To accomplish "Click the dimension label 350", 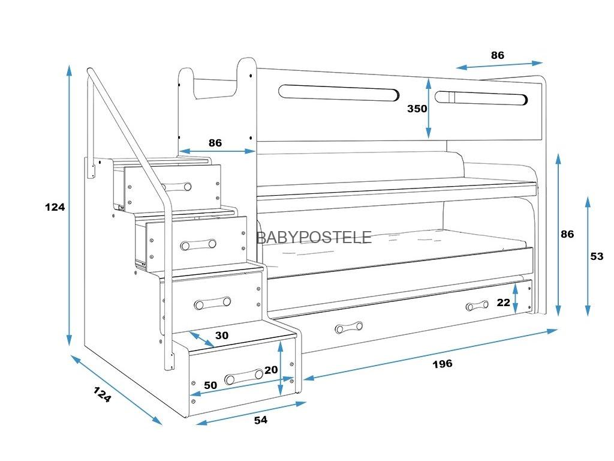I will click(417, 109).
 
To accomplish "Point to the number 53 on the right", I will click(597, 256).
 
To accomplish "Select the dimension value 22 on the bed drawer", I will click(503, 303).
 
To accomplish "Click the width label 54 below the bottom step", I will click(260, 420).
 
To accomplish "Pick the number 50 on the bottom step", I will click(210, 385).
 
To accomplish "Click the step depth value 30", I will click(221, 336).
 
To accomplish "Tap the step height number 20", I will click(271, 370).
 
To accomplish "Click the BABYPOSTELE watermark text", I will click(314, 237).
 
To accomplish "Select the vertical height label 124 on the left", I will click(55, 207).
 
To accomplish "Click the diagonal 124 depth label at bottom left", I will click(102, 394).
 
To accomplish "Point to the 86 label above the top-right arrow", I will click(498, 55).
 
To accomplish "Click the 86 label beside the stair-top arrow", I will click(215, 143).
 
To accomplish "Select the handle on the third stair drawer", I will click(212, 303).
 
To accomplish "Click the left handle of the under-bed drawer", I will click(349, 328).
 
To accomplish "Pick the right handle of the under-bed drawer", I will click(477, 307).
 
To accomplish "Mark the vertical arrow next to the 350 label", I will click(429, 109).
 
